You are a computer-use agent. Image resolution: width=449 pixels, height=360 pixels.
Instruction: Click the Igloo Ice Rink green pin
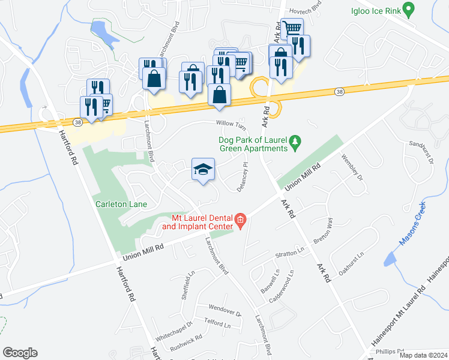pos(408,10)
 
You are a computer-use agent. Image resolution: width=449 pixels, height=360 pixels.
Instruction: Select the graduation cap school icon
pos(203,169)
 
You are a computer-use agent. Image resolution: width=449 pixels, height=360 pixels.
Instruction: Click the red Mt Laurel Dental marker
pos(240,221)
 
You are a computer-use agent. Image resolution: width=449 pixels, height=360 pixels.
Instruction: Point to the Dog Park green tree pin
pos(295,142)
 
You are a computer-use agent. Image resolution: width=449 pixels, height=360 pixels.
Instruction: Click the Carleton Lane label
pos(121,204)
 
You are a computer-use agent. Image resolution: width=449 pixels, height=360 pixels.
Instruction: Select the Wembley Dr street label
pos(353,169)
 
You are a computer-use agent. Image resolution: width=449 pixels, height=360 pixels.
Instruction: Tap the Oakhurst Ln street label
pos(352,263)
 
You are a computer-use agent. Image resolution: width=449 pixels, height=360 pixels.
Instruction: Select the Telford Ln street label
pos(218,325)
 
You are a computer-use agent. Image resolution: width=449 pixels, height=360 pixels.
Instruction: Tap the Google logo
pos(20,353)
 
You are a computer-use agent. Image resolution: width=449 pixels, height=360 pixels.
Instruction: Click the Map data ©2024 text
pos(424,355)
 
